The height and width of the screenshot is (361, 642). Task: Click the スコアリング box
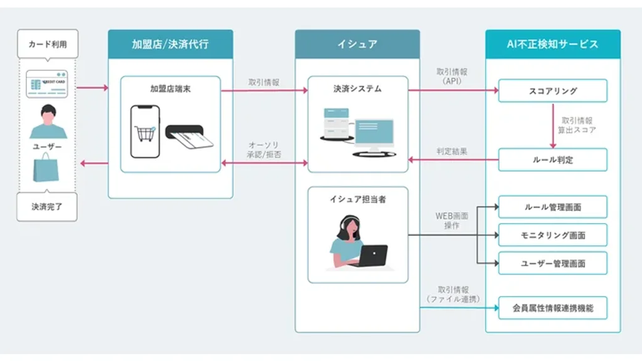tap(552, 91)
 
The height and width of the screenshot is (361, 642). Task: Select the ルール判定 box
tap(552, 160)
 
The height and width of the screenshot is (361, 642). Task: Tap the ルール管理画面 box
tap(552, 207)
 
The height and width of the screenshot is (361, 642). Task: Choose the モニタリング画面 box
tap(552, 235)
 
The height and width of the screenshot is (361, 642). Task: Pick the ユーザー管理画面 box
tap(552, 263)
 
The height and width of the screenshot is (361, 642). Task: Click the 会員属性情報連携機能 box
tap(552, 308)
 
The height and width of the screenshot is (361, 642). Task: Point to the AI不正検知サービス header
tap(552, 44)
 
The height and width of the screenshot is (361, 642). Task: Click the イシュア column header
tap(357, 44)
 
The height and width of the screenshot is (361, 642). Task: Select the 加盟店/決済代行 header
tap(170, 44)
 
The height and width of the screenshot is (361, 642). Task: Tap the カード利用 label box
tap(48, 44)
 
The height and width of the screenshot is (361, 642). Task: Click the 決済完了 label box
tap(48, 206)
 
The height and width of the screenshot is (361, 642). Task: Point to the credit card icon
tap(47, 84)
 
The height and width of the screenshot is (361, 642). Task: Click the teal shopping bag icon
tap(46, 169)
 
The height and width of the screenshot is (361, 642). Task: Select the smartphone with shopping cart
tap(145, 131)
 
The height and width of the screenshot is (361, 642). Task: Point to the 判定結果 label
tap(451, 152)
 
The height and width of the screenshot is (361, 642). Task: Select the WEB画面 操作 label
tap(451, 221)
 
